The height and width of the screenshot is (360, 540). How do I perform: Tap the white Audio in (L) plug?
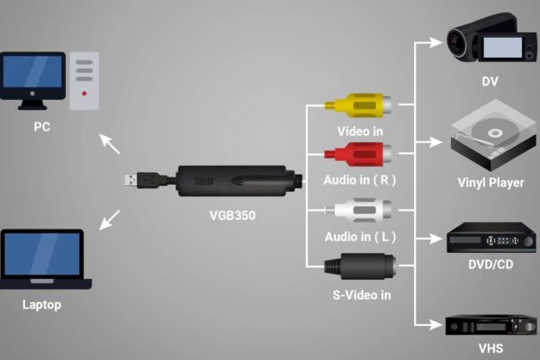pos(355,211)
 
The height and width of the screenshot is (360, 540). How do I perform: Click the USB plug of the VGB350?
pos(135,180)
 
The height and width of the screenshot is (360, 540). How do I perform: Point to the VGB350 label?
pos(229,216)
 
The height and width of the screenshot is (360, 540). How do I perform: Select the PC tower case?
pos(84,78)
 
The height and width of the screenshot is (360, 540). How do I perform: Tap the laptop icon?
pos(41,258)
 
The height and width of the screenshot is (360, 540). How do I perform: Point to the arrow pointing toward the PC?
pos(109,143)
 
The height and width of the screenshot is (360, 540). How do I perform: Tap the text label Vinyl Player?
pos(490,183)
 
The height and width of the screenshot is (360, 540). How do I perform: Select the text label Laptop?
pos(41,304)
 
